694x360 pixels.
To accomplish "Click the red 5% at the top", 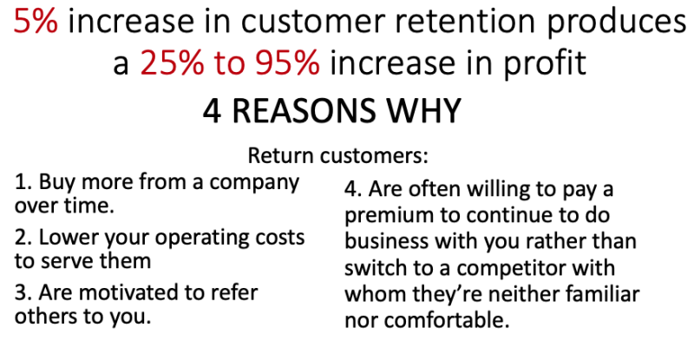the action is click(x=36, y=22).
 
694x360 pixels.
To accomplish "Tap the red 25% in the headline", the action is click(x=172, y=62).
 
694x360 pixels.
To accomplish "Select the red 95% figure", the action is click(x=287, y=62).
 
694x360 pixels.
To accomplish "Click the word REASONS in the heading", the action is click(x=303, y=111).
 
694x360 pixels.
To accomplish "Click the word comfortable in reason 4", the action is click(x=447, y=320).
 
